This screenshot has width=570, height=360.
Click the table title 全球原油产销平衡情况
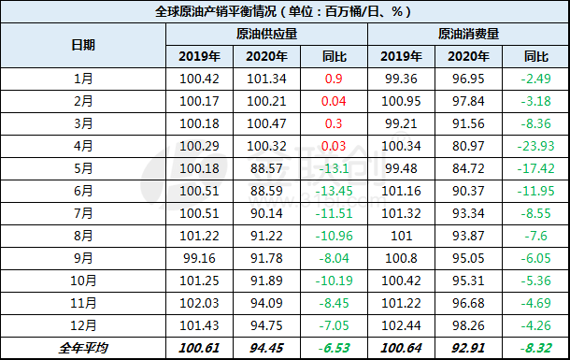[x=216, y=11]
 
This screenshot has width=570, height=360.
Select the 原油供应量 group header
[x=267, y=35]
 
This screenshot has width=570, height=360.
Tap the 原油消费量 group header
[x=468, y=35]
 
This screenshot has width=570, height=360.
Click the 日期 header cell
[x=83, y=45]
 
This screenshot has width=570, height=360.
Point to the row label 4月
[x=83, y=146]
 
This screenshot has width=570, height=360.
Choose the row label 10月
[x=83, y=281]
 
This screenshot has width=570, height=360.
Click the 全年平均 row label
[x=83, y=348]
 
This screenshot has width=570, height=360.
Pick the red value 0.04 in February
[x=334, y=101]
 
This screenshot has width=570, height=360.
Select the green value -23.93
[x=535, y=146]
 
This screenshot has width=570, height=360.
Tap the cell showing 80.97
[x=468, y=146]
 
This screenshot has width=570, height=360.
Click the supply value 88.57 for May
[x=266, y=168]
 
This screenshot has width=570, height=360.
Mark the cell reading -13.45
[x=334, y=191]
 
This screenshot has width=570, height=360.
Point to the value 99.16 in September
[x=199, y=258]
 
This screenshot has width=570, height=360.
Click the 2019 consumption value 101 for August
[x=401, y=236]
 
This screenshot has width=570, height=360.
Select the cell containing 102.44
[x=401, y=325]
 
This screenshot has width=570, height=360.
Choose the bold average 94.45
[x=266, y=348]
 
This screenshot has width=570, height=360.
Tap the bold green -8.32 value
[x=535, y=348]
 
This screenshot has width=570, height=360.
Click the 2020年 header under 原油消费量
[x=468, y=56]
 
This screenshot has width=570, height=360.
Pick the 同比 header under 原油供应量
[x=334, y=57]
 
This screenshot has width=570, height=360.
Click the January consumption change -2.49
[x=535, y=79]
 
